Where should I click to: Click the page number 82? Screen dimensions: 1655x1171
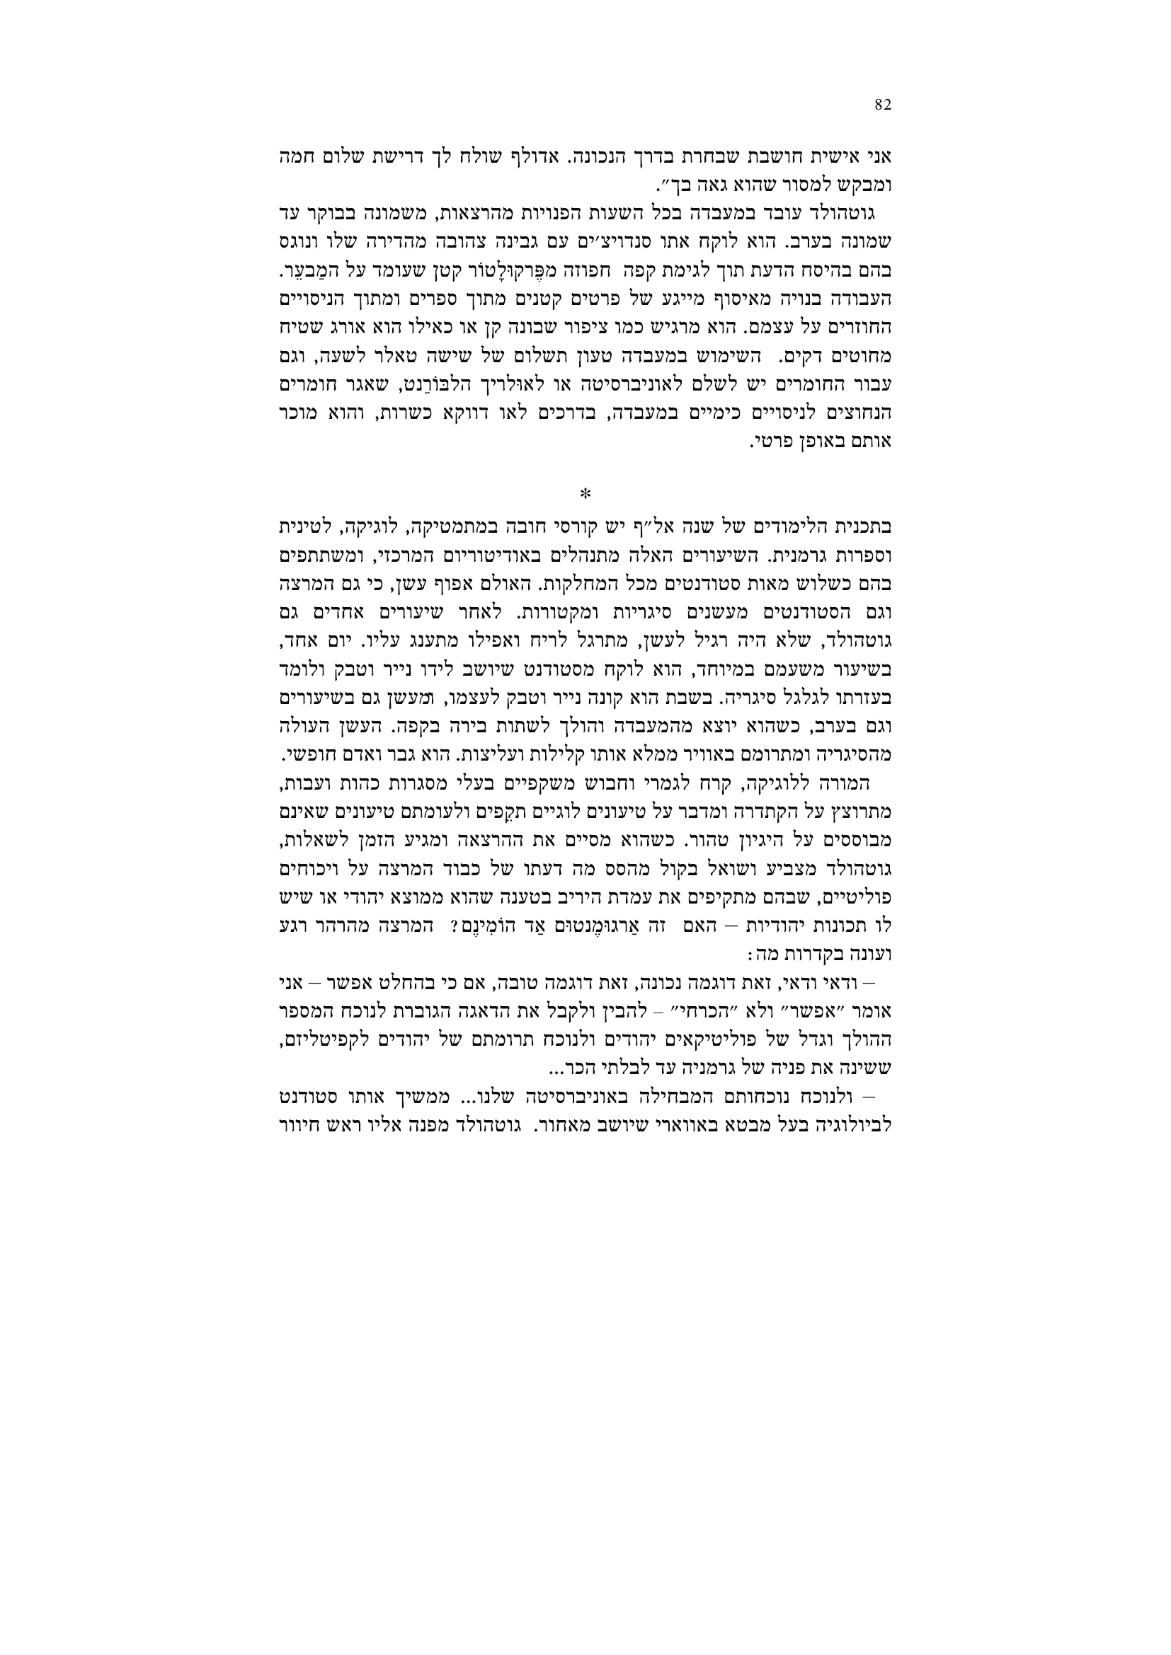coord(884,105)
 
